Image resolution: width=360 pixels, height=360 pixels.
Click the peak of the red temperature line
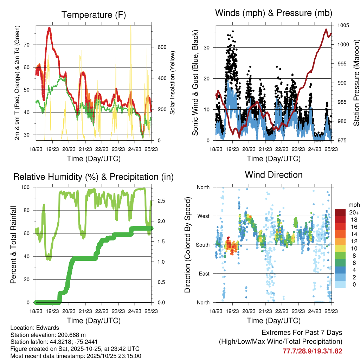(50, 28)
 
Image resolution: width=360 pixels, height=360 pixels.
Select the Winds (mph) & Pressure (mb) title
(274, 13)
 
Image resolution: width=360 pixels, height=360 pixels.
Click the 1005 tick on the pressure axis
(343, 25)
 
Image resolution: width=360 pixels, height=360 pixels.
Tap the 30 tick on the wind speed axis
(209, 47)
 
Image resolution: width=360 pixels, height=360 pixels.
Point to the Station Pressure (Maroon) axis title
(356, 83)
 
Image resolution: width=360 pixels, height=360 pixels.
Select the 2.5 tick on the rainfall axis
(161, 201)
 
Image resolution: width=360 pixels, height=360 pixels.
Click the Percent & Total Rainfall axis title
(13, 245)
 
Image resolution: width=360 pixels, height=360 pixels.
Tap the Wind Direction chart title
(274, 175)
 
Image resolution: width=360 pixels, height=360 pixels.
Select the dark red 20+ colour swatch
(340, 212)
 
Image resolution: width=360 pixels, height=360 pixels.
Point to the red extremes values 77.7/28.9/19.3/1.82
(312, 351)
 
